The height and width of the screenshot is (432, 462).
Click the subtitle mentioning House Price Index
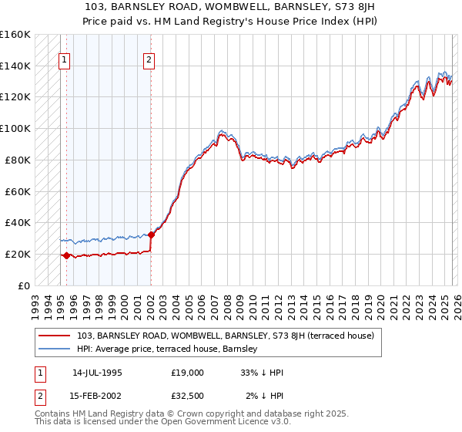(230, 21)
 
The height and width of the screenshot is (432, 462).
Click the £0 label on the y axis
(23, 285)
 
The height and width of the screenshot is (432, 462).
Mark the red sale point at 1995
(66, 255)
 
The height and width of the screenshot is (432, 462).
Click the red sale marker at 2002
(151, 235)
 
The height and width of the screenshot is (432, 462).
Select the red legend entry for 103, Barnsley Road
(226, 336)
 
